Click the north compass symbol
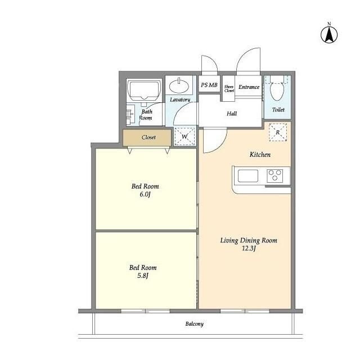click(x=329, y=35)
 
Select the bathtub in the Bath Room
click(x=144, y=91)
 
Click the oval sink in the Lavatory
click(x=179, y=86)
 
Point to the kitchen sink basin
click(x=248, y=176)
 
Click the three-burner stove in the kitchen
click(x=275, y=176)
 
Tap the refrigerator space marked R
click(x=278, y=132)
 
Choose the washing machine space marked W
click(x=184, y=136)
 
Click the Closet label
click(x=148, y=137)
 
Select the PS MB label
click(x=209, y=85)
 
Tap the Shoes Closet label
click(x=229, y=89)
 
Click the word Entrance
click(x=249, y=87)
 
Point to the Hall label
click(x=232, y=114)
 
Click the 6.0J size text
click(x=145, y=195)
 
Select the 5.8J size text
click(x=142, y=276)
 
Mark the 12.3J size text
click(x=249, y=248)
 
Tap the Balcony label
click(x=195, y=324)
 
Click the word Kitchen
click(x=260, y=155)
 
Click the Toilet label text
click(x=278, y=110)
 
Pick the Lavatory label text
click(x=180, y=100)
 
